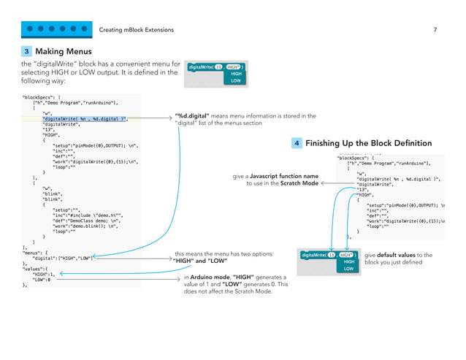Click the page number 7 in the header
(x=435, y=30)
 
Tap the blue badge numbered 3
(x=27, y=52)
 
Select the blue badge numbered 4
(x=297, y=143)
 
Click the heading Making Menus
(x=64, y=52)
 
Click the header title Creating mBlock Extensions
(x=141, y=30)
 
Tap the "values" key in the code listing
(x=38, y=269)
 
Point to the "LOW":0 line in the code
(x=40, y=280)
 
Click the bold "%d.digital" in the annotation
(x=192, y=115)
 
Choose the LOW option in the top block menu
(x=236, y=80)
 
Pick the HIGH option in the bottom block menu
(x=348, y=261)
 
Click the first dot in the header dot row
(x=31, y=30)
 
